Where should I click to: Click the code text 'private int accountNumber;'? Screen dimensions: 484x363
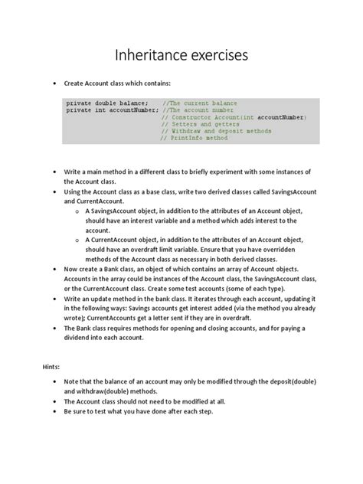tap(113, 110)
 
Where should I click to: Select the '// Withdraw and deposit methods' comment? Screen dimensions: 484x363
tap(216, 131)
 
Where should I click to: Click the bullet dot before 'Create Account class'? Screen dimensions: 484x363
tap(54, 80)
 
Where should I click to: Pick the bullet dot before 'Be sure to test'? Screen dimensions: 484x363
tap(55, 412)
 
